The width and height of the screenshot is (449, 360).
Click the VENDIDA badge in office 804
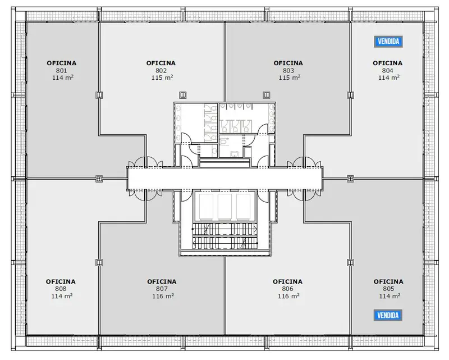click(x=388, y=42)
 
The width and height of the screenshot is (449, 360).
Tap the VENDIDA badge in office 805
click(x=388, y=315)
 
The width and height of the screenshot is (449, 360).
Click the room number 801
click(x=62, y=71)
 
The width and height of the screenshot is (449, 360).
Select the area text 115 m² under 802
click(x=162, y=78)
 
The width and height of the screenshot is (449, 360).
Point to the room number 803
click(x=288, y=71)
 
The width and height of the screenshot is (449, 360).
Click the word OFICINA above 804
click(x=387, y=63)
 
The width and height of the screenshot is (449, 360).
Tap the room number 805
click(x=388, y=289)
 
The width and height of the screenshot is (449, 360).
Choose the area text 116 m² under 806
click(x=288, y=296)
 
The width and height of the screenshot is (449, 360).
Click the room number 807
click(x=162, y=289)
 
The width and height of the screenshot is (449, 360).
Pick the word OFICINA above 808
click(x=61, y=282)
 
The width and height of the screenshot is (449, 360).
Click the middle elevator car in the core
click(x=225, y=206)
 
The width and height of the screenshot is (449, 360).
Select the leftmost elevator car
click(x=206, y=206)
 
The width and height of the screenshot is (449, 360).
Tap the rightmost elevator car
click(x=244, y=206)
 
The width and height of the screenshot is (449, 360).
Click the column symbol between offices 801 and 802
click(x=99, y=95)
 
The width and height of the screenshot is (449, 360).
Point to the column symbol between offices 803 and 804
click(x=350, y=95)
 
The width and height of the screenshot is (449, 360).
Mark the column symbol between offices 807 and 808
click(x=99, y=262)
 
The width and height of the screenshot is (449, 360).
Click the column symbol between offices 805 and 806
click(x=350, y=262)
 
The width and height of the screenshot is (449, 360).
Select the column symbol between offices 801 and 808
click(x=99, y=179)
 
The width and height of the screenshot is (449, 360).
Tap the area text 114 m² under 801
click(x=63, y=78)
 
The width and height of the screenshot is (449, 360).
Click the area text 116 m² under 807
click(x=163, y=296)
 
